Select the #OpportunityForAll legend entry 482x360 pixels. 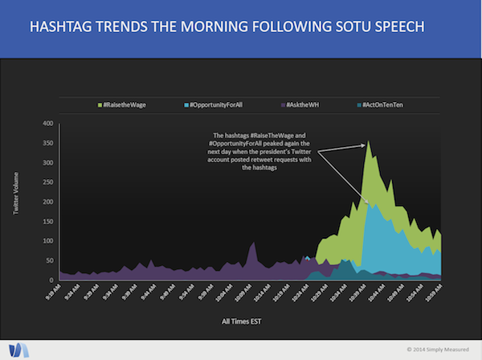click(214, 104)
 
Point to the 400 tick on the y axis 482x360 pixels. click(48, 124)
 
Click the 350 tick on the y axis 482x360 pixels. click(48, 143)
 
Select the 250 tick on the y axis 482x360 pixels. click(48, 182)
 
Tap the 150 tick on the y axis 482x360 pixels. click(48, 222)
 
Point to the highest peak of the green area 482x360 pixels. click(369, 143)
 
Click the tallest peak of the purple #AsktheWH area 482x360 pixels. click(254, 243)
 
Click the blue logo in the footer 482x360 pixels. click(18, 349)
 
